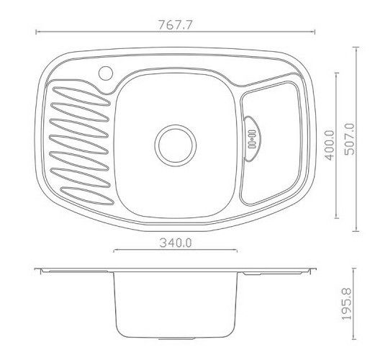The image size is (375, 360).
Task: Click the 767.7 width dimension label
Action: pos(176,24)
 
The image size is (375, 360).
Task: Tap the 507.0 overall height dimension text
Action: pos(349,139)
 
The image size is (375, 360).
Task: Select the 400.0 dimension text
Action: pos(329,145)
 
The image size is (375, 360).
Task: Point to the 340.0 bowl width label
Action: pos(176,243)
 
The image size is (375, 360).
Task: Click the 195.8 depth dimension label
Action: pos(346,304)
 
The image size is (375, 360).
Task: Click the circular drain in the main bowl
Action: pos(176,145)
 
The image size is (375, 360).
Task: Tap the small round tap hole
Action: pos(106,73)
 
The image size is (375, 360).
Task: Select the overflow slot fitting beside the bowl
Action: pos(252,139)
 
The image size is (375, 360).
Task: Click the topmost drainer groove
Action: pos(81,96)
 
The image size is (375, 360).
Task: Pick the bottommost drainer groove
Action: pos(87,196)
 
